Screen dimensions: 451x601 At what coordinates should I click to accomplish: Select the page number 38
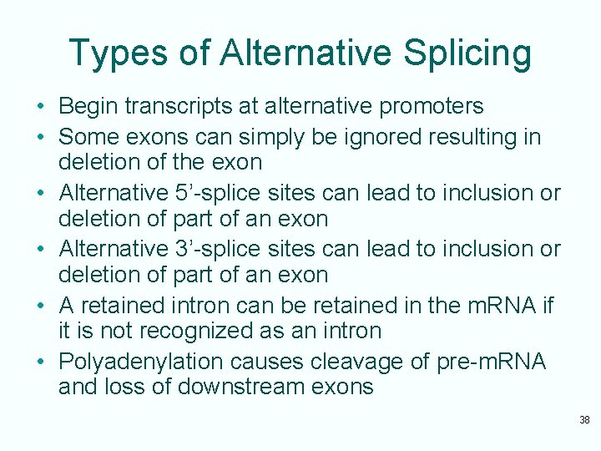click(x=584, y=419)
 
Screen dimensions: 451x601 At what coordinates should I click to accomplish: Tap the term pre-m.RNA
click(x=491, y=362)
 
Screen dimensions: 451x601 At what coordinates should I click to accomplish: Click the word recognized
click(x=202, y=331)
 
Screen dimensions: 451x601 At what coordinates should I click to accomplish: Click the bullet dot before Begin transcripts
click(x=40, y=107)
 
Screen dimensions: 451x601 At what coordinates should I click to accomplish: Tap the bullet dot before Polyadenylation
click(x=40, y=362)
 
